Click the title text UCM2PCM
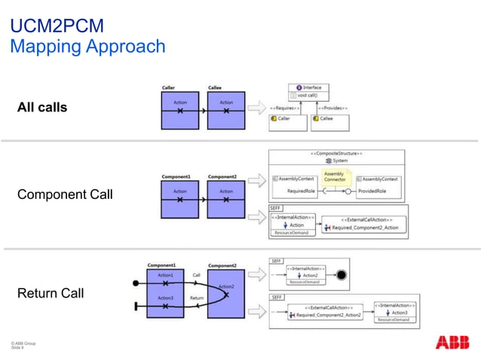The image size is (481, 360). click(x=57, y=27)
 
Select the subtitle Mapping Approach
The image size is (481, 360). click(x=87, y=47)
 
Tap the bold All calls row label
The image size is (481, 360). click(x=42, y=108)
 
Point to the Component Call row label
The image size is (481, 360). click(x=65, y=194)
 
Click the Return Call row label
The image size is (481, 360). click(x=50, y=293)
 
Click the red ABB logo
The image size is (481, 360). click(x=452, y=342)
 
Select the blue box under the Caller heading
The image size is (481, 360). click(x=180, y=110)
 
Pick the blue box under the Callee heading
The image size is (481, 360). click(x=226, y=110)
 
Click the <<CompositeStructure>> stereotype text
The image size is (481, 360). click(x=338, y=154)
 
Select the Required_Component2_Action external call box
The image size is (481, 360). click(x=361, y=224)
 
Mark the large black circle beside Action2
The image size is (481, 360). click(x=342, y=276)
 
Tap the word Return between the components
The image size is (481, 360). click(x=196, y=297)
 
